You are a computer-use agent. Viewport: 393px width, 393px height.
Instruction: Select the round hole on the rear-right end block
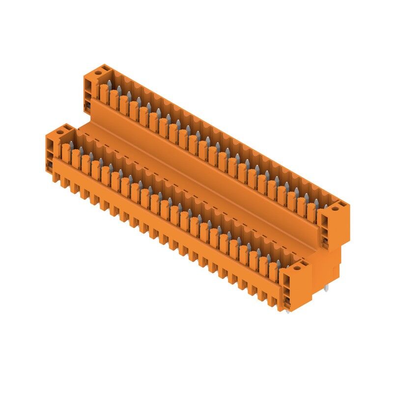pyautogui.click(x=336, y=208)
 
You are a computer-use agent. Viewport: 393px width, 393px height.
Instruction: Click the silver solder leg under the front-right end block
pyautogui.click(x=287, y=310)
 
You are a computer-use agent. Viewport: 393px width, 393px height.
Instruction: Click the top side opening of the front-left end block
pyautogui.click(x=51, y=144)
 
